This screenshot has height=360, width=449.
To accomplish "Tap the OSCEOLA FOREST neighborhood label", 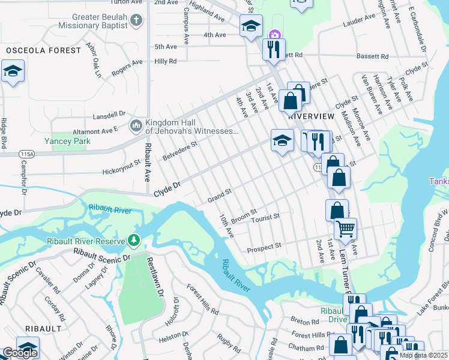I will pos(42,50).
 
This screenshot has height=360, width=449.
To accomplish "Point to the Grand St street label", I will pos(220,195).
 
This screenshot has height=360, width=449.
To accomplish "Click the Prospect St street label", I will pos(264,247).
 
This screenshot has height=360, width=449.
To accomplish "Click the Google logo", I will pos(20,353).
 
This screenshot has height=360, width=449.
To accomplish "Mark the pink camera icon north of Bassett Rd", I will pos(275,34).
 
